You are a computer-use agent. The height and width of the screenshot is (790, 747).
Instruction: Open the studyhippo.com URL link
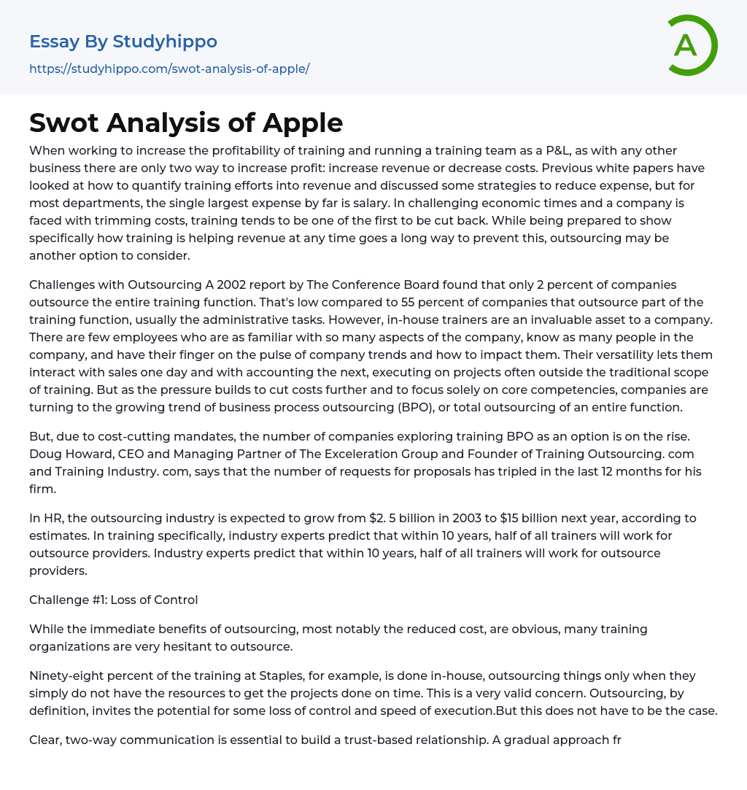pyautogui.click(x=169, y=69)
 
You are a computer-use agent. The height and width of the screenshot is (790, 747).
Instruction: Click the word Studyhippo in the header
pyautogui.click(x=165, y=42)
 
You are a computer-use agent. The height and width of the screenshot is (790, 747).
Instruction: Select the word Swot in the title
pyautogui.click(x=63, y=123)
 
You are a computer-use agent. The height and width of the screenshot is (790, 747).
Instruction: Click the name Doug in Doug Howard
pyautogui.click(x=44, y=454)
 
